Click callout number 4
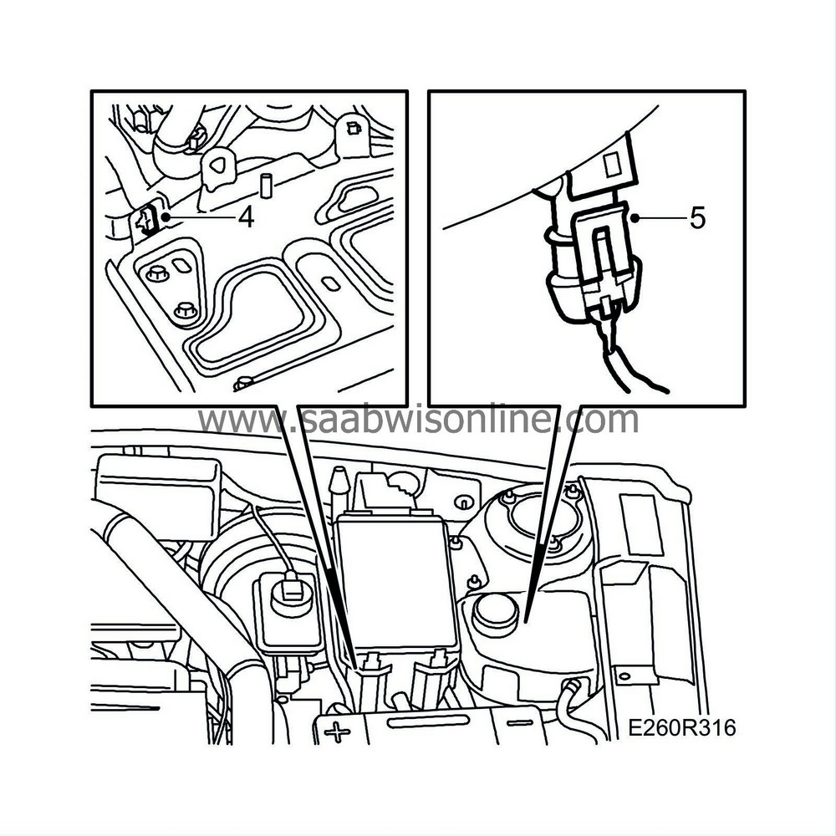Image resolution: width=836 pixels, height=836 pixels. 246,217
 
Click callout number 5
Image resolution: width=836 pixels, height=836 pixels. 698,219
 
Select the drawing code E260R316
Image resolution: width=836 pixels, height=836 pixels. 682,728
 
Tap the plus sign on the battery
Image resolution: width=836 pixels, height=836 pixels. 338,733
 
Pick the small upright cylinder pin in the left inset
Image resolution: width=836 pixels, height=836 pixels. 268,185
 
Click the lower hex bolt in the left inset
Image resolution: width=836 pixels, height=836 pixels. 185,312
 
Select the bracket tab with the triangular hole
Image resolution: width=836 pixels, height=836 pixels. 219,166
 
